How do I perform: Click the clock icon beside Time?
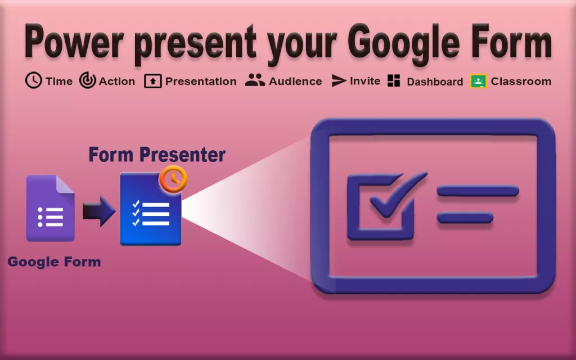tap(34, 80)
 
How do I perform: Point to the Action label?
tap(116, 81)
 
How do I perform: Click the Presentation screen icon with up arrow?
tap(152, 81)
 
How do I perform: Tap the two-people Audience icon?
tap(255, 80)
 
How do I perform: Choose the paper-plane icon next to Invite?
tap(338, 80)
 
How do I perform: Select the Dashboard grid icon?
tap(394, 80)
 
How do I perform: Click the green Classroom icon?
tap(478, 81)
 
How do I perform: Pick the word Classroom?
tap(521, 81)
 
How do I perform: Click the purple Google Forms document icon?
tap(50, 208)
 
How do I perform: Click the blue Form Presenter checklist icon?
tap(150, 211)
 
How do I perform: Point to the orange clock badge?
tap(173, 179)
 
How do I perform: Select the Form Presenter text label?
tap(157, 154)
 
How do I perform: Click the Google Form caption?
tap(54, 262)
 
